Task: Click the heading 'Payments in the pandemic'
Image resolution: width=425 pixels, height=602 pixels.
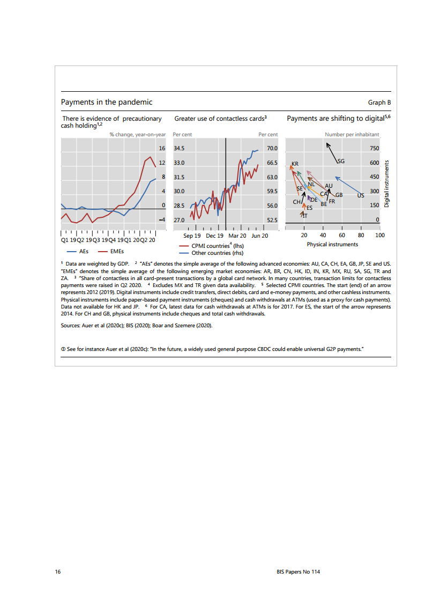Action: tap(107, 102)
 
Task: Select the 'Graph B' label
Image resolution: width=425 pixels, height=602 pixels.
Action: tap(379, 102)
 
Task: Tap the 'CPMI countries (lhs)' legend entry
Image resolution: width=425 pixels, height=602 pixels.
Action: tap(211, 246)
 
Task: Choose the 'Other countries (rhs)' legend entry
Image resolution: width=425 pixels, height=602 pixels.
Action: tap(211, 253)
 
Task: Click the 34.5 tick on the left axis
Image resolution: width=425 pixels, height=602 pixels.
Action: tap(180, 148)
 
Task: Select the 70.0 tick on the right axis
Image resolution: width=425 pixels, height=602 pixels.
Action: tap(272, 148)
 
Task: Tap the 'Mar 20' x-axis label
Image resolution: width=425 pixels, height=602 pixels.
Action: tap(237, 236)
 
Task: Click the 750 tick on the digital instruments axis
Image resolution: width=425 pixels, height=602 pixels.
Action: tap(374, 148)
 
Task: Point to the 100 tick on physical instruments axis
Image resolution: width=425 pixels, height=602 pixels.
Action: tap(379, 235)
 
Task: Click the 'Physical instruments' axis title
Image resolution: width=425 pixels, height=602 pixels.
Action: tap(332, 244)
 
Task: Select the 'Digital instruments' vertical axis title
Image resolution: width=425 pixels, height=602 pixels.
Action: tap(386, 185)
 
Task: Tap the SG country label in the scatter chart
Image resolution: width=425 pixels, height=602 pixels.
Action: tap(341, 161)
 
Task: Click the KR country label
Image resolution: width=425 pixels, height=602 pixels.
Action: tap(294, 163)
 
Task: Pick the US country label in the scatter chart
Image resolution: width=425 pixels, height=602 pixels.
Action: tap(361, 196)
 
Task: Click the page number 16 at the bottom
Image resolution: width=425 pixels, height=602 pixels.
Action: tap(57, 572)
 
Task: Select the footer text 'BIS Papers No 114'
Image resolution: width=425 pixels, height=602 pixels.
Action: tap(294, 572)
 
